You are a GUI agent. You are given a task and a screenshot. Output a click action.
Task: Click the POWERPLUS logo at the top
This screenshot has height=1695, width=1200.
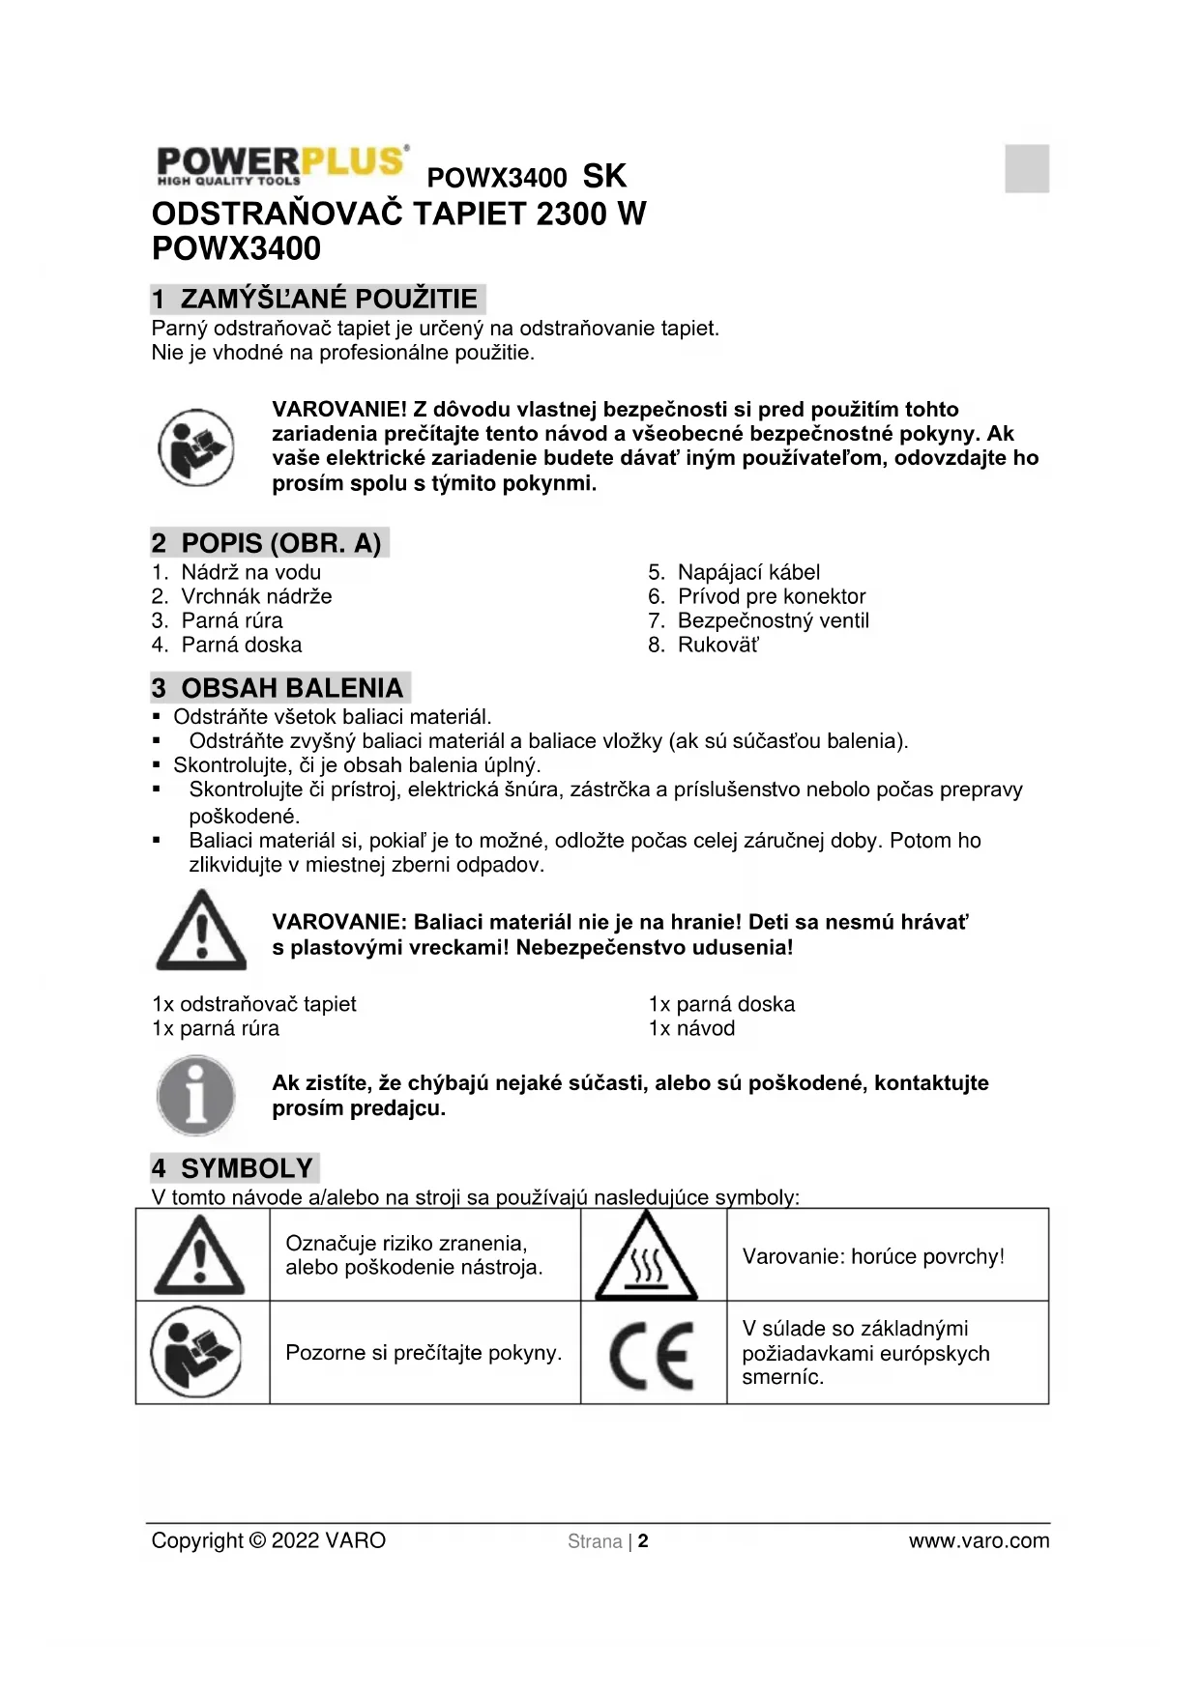281,166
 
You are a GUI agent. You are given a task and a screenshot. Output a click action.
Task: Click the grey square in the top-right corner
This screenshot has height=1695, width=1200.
1026,168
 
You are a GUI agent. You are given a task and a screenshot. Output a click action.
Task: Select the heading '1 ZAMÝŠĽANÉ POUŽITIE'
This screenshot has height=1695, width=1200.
317,299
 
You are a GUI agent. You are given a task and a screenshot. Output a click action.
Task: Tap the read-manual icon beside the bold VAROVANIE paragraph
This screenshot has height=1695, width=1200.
196,447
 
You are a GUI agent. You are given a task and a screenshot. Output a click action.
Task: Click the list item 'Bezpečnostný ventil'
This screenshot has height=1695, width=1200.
773,620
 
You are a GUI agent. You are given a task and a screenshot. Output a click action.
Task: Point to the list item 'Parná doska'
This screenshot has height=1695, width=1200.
241,645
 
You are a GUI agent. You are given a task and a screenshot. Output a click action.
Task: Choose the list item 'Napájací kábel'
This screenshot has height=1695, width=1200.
748,572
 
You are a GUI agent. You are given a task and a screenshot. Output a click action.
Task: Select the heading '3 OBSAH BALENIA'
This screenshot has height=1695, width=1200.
279,688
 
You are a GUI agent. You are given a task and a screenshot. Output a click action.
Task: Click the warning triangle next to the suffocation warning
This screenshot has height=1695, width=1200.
201,931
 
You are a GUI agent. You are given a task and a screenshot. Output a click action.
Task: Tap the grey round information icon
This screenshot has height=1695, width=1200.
196,1096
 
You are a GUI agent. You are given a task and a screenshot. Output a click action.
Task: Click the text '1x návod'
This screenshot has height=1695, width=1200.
691,1028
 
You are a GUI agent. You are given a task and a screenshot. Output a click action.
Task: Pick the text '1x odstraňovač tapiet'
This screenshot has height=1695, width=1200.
254,1004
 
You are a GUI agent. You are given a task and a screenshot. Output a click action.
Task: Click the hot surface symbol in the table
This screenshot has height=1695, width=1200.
646,1256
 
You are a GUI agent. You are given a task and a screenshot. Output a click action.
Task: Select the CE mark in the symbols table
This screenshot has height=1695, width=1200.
652,1353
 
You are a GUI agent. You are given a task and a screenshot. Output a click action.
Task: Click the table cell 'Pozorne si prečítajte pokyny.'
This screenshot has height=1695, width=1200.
424,1353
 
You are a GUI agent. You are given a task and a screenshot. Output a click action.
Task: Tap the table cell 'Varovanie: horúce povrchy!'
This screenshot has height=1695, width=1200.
873,1256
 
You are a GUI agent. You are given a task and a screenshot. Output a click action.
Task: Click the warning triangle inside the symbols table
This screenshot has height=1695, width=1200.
200,1256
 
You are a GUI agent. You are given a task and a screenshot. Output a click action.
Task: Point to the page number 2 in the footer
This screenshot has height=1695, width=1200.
643,1541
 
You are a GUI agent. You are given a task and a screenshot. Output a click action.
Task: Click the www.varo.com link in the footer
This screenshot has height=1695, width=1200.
979,1541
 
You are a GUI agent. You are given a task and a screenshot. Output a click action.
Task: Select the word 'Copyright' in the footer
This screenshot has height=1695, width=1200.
197,1541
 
